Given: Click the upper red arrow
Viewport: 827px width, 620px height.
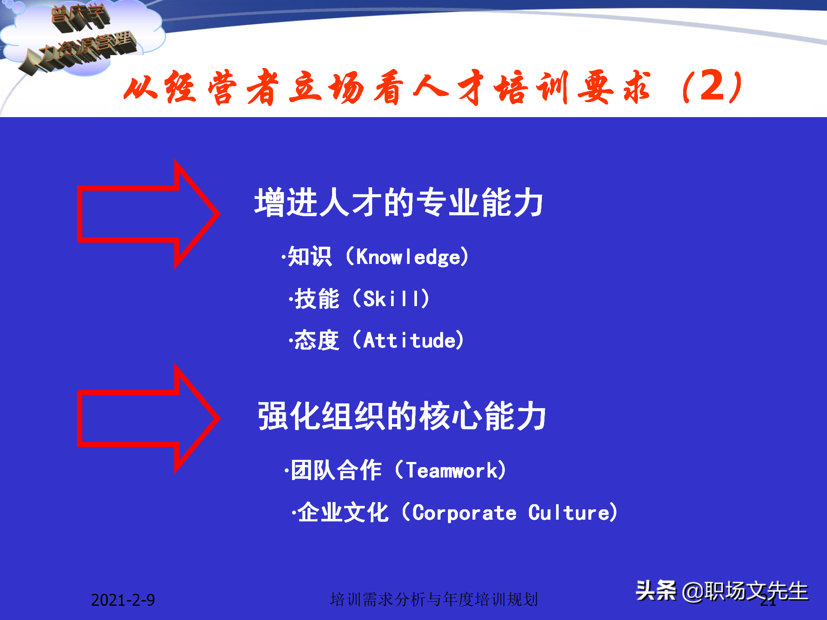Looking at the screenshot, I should tap(146, 214).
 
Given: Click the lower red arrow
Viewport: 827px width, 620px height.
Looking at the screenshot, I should tap(146, 418).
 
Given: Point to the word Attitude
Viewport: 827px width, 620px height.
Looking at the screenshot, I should tap(409, 341).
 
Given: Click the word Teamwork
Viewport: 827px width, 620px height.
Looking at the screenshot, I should tap(451, 470).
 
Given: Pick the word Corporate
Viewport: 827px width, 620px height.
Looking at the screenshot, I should tap(464, 513).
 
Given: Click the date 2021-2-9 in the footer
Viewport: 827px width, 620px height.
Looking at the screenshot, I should tap(123, 600).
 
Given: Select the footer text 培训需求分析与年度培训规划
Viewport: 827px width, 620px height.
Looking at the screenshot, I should tap(434, 599).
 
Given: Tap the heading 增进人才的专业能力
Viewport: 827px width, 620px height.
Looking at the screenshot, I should tap(398, 202).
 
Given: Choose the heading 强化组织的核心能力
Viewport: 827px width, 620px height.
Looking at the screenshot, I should tap(401, 416).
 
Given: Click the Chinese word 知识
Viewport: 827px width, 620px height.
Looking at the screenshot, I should tap(309, 257).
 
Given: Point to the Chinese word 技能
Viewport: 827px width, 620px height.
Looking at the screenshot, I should tap(317, 299).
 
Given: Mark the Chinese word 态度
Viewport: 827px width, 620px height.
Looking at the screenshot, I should tap(317, 341).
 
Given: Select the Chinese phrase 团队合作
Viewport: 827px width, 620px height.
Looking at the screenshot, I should tap(336, 470).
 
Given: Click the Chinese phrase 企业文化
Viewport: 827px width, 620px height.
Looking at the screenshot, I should tap(343, 513).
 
